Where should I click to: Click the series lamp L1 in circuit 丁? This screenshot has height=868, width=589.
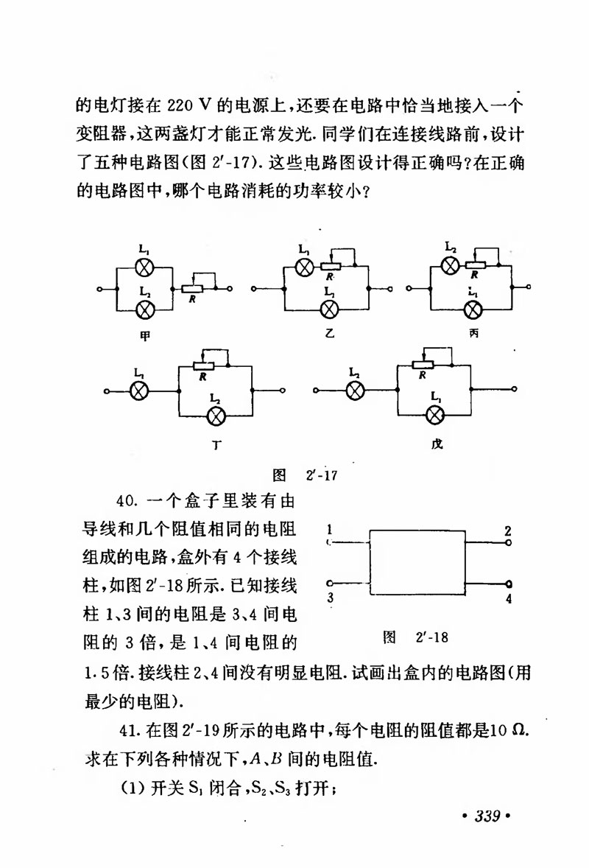[139, 391]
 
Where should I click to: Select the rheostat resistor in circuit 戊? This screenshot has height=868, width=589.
[421, 364]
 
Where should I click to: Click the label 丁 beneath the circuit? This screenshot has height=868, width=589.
[216, 445]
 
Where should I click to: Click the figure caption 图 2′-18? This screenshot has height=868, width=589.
[415, 635]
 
